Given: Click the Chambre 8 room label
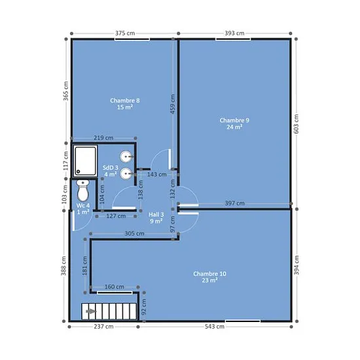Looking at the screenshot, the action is [x=125, y=104].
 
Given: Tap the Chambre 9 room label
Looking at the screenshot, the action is [x=234, y=124].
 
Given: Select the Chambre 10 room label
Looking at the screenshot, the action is [x=209, y=277].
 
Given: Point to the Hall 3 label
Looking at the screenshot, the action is [x=156, y=218].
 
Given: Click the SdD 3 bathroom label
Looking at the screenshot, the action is [x=111, y=171].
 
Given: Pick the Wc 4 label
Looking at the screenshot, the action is [x=83, y=208].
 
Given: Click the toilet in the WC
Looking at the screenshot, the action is [x=83, y=190].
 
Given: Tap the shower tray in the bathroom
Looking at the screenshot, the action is [x=85, y=161].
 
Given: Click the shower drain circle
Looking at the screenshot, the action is [x=79, y=171].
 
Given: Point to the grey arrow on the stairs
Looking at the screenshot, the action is [x=91, y=312].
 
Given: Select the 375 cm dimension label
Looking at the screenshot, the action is [x=125, y=33].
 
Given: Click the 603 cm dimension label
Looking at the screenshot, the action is [x=296, y=124].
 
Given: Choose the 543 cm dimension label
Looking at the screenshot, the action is [x=215, y=327].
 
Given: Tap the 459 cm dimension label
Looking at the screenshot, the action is [x=173, y=104].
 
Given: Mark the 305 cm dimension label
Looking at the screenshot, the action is [x=134, y=234].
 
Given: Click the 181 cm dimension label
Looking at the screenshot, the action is [x=85, y=266].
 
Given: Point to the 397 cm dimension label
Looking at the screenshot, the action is [x=234, y=204].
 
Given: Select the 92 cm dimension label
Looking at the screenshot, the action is [x=144, y=307].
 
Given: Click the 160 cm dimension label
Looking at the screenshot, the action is [x=115, y=287].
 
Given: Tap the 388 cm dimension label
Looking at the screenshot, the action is [x=63, y=266].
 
